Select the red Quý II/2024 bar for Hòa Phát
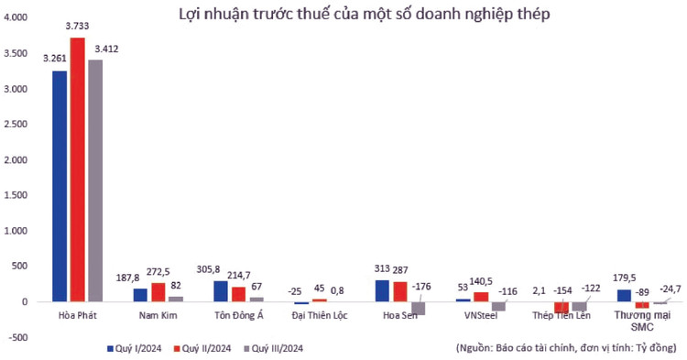tap(78, 169)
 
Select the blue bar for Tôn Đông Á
tap(220, 290)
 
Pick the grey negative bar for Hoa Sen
tap(418, 308)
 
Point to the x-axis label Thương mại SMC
tap(638, 322)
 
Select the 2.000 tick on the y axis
tap(18, 159)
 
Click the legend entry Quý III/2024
tap(278, 348)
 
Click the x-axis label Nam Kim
tap(157, 316)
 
